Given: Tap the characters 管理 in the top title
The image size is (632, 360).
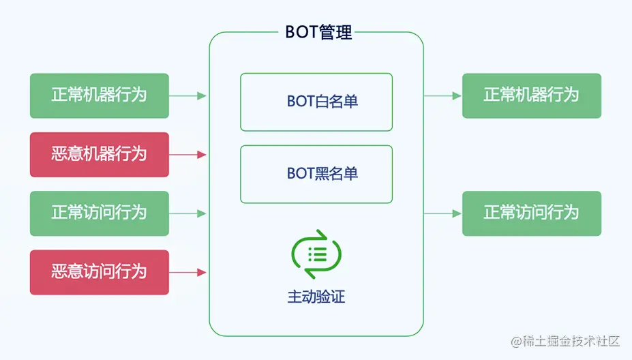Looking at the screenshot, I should pos(335,33).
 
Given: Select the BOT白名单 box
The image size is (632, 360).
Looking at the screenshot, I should pos(316,102).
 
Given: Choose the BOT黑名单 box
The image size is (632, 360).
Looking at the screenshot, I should pos(316,174).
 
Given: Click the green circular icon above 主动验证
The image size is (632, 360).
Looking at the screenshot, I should pos(316,254).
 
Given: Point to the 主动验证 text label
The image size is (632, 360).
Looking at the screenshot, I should pos(316,297).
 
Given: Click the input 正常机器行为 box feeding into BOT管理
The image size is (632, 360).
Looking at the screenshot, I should pos(100,95).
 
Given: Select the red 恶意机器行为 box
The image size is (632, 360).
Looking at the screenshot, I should pos(100,155).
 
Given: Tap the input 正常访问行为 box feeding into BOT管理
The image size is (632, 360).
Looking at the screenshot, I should pos(100,213).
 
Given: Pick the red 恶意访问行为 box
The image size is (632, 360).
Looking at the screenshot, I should pos(100,272).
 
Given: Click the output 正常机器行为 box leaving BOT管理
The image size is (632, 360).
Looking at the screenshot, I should pos(532,95).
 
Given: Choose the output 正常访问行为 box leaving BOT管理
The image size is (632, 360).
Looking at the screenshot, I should pos(532,213).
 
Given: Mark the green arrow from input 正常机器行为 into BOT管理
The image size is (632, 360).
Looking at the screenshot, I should pos(188,95).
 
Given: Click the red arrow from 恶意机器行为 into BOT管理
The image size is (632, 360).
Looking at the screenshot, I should pos(188,155).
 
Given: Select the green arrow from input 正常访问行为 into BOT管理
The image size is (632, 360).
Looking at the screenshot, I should pos(188,213).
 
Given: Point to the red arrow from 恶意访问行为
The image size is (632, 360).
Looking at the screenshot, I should pos(188,272).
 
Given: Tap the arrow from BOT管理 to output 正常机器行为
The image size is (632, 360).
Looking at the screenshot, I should pos(443,95).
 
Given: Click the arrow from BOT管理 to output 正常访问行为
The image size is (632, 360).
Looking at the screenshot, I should pos(443,213).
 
